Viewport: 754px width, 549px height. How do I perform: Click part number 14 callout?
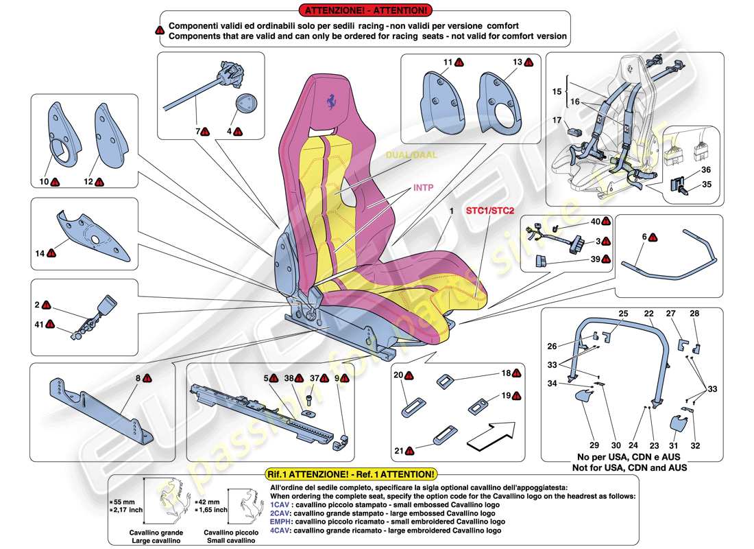click(x=41, y=254)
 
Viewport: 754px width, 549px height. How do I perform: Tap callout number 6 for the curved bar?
click(x=644, y=237)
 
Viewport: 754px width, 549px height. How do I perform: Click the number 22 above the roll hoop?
click(x=648, y=314)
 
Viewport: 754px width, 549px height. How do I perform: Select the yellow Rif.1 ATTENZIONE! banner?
click(x=350, y=474)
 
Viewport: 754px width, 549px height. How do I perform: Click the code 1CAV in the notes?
click(x=282, y=504)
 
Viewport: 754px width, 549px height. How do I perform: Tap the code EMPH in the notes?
click(x=283, y=522)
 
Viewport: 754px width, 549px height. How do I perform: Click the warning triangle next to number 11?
click(x=459, y=63)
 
